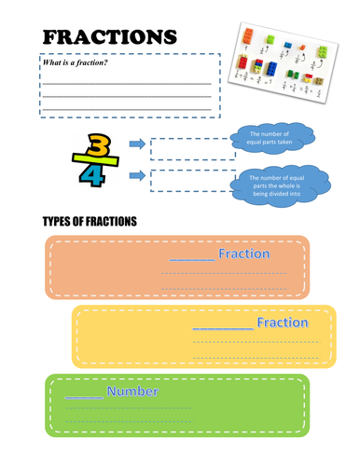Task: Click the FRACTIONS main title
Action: pyautogui.click(x=109, y=36)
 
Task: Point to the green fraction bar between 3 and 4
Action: pyautogui.click(x=98, y=161)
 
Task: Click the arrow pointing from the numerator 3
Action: pyautogui.click(x=135, y=144)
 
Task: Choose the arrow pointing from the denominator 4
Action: pyautogui.click(x=135, y=174)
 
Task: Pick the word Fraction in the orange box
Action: pyautogui.click(x=243, y=254)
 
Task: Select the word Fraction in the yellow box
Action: pyautogui.click(x=283, y=322)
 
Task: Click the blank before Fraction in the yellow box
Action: pyautogui.click(x=222, y=326)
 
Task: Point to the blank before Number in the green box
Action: pyautogui.click(x=83, y=395)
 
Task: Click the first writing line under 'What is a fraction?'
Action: pyautogui.click(x=130, y=83)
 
